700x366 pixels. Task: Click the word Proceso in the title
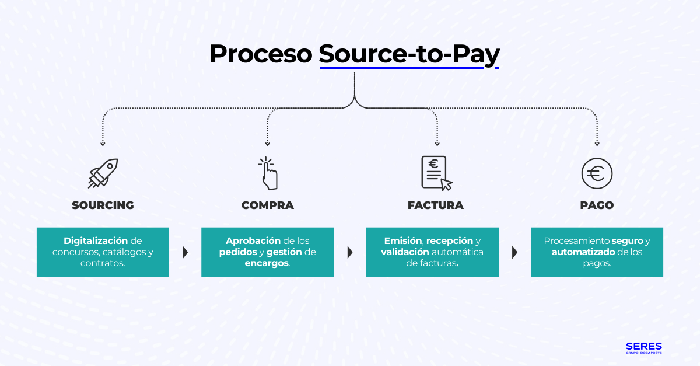(261, 54)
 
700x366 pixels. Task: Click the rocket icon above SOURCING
(103, 173)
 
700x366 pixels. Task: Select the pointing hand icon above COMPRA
(268, 173)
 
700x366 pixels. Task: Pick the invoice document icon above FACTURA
(436, 173)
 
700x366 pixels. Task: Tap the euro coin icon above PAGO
(597, 173)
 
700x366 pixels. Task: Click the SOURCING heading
(103, 205)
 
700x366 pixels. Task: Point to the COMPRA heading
(268, 205)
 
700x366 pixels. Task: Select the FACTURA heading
(435, 205)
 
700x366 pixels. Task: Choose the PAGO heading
(597, 205)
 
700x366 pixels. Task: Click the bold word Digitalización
(96, 240)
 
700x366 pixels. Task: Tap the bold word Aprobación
(253, 240)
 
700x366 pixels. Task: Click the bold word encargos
(267, 263)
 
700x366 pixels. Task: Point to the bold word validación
(405, 252)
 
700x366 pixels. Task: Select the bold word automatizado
(584, 252)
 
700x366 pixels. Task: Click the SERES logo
(643, 347)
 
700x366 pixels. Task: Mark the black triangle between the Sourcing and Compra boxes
(185, 252)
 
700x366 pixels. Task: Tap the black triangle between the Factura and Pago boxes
(515, 252)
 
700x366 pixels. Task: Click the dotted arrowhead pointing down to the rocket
(103, 144)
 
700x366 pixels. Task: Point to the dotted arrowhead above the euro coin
(597, 144)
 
